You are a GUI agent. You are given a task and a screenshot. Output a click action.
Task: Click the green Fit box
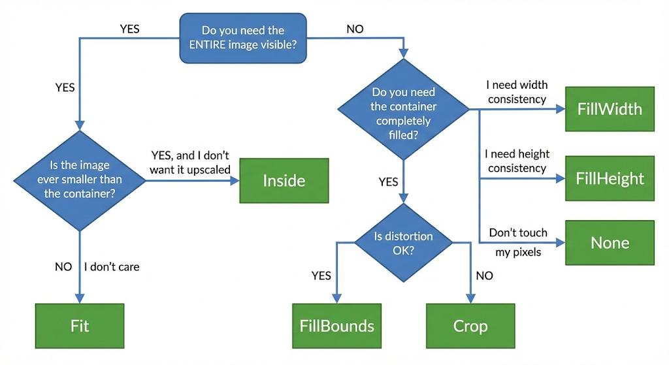(x=80, y=326)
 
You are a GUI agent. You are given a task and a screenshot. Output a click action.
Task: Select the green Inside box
(x=284, y=181)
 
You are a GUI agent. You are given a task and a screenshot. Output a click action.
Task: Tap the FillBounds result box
(x=336, y=326)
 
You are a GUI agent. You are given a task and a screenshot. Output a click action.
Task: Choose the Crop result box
(x=470, y=326)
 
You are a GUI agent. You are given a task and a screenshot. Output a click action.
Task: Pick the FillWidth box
(x=610, y=109)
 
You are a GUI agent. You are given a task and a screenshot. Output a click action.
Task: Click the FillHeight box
(x=610, y=178)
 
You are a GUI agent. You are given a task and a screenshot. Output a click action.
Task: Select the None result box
(x=610, y=243)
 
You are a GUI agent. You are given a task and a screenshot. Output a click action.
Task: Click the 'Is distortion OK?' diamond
(x=403, y=243)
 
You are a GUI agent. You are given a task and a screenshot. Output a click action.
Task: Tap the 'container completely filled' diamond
(x=403, y=109)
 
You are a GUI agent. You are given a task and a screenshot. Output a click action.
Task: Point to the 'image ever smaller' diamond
(x=80, y=181)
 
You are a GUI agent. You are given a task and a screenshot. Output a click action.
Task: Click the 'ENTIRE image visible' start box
(x=243, y=38)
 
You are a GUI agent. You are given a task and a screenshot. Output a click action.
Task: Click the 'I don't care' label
(x=112, y=267)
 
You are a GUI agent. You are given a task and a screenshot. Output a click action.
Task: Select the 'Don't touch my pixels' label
(x=518, y=242)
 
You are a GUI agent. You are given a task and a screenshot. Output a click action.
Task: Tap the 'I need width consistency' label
(x=517, y=92)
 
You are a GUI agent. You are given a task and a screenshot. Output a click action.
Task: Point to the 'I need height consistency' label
(x=517, y=161)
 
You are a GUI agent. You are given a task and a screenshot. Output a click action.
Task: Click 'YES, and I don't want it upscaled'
(x=190, y=163)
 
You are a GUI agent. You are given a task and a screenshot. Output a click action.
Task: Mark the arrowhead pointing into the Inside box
(x=235, y=181)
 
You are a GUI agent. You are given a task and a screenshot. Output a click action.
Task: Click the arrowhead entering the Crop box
(x=470, y=298)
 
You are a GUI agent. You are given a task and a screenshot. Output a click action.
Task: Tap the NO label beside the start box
(x=355, y=29)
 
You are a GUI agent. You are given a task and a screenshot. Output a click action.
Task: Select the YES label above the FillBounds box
(x=321, y=276)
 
